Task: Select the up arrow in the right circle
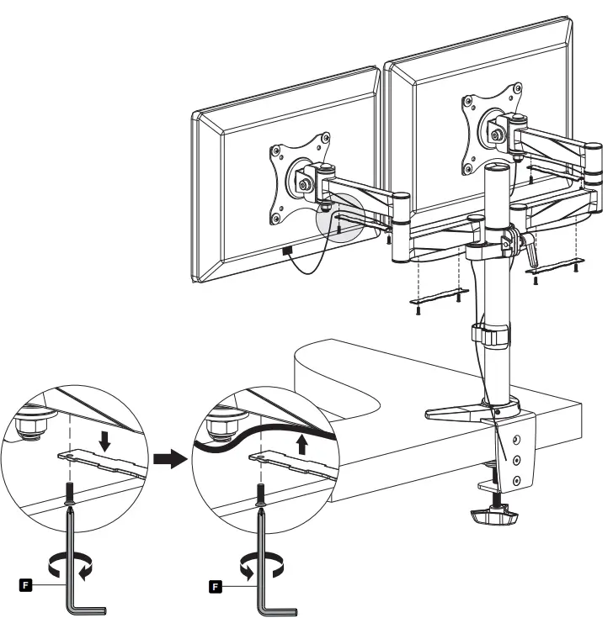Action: pyautogui.click(x=301, y=443)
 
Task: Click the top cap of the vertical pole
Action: pyautogui.click(x=496, y=170)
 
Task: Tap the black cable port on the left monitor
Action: pyautogui.click(x=286, y=251)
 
